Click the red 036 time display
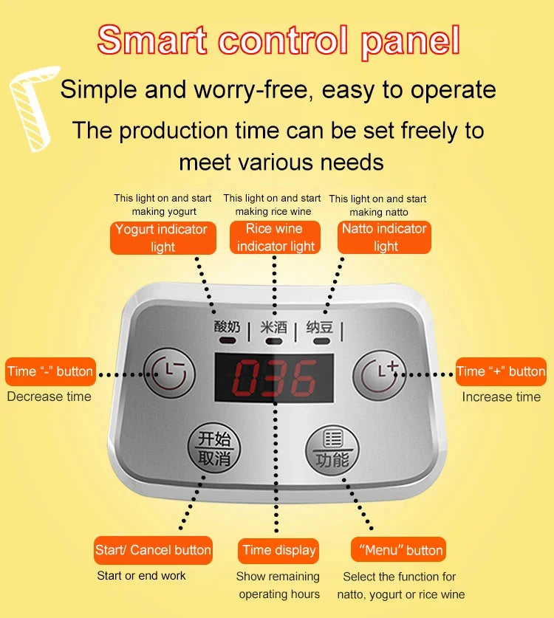pyautogui.click(x=274, y=377)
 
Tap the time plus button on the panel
pyautogui.click(x=379, y=375)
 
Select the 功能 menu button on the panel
pyautogui.click(x=332, y=450)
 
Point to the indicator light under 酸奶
pyautogui.click(x=228, y=340)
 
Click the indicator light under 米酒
pyautogui.click(x=274, y=341)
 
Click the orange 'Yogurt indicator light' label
pyautogui.click(x=163, y=238)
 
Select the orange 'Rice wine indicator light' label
pyautogui.click(x=275, y=237)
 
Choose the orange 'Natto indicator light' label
pyautogui.click(x=384, y=237)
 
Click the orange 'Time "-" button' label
pyautogui.click(x=50, y=371)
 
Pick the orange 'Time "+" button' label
pyautogui.click(x=501, y=371)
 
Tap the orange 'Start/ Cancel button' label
pyautogui.click(x=153, y=550)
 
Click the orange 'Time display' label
pyautogui.click(x=278, y=551)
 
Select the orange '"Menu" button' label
pyautogui.click(x=398, y=550)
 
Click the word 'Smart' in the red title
pyautogui.click(x=152, y=40)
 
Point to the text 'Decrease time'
pyautogui.click(x=49, y=396)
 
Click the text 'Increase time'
pyautogui.click(x=501, y=397)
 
